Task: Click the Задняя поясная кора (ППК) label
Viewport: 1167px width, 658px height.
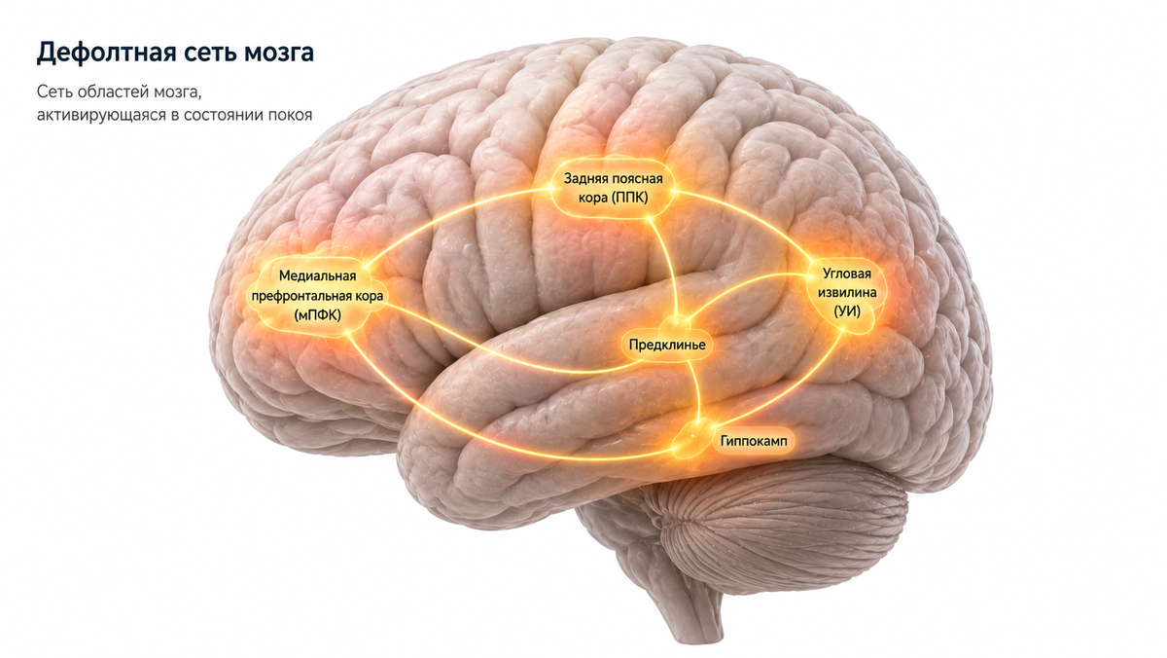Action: click(x=614, y=188)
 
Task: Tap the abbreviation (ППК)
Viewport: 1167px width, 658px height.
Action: click(x=629, y=198)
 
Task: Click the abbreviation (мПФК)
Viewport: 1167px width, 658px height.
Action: click(x=317, y=315)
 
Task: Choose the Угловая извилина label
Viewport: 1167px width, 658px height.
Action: click(x=847, y=282)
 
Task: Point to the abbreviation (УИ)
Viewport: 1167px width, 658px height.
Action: click(x=847, y=311)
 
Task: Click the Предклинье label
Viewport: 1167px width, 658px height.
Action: click(x=667, y=345)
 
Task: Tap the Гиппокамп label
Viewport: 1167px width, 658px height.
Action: click(x=754, y=441)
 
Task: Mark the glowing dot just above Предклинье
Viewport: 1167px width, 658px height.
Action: click(x=677, y=321)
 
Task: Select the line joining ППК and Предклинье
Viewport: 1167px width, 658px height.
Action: click(x=668, y=264)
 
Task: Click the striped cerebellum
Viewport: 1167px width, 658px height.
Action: click(x=782, y=527)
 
